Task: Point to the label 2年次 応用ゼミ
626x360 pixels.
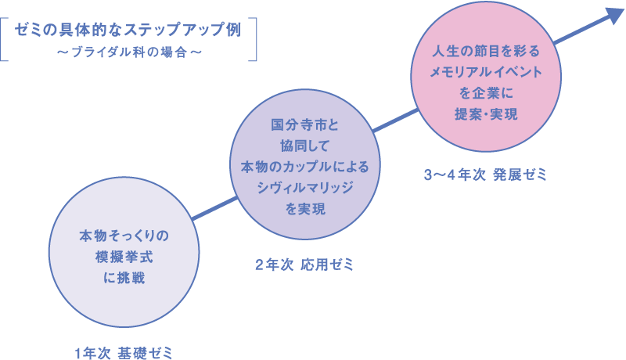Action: (x=304, y=265)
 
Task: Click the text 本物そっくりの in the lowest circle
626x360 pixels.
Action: (x=124, y=236)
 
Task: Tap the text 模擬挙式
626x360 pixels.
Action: (x=124, y=257)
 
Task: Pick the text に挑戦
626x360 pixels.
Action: (x=124, y=277)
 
